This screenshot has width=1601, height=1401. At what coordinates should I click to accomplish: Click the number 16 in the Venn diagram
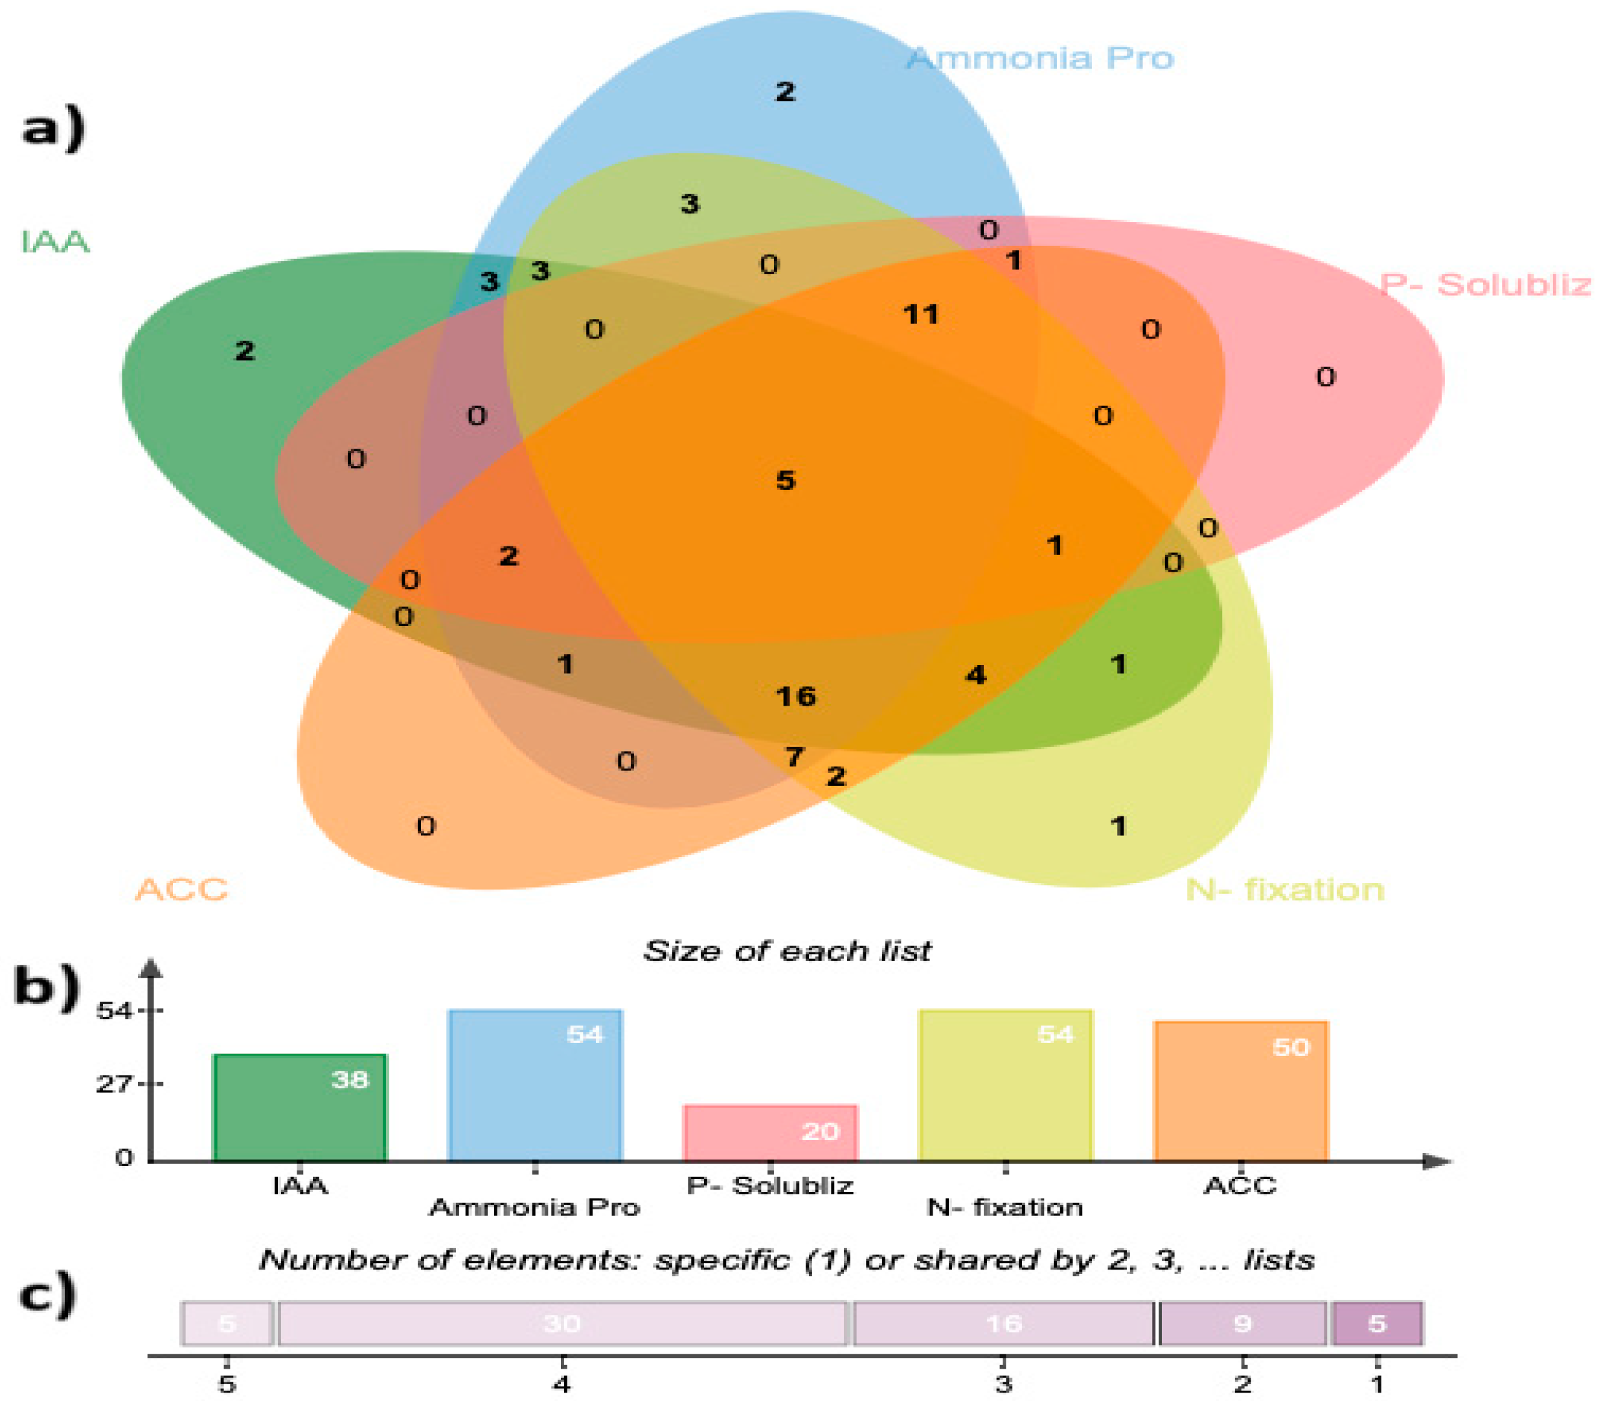(x=795, y=696)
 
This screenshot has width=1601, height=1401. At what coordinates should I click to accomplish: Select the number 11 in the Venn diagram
(x=920, y=314)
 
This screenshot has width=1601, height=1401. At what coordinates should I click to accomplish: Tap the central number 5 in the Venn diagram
(x=785, y=479)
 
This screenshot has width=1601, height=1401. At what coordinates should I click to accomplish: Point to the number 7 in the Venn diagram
(x=794, y=756)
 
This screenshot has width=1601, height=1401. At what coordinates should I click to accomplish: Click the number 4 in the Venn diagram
(x=975, y=675)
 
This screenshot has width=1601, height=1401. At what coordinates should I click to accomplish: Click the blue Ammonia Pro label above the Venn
(x=1039, y=59)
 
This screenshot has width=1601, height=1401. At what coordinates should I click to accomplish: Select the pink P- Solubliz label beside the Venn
(x=1484, y=285)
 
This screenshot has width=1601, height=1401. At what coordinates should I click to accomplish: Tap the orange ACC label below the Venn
(x=181, y=890)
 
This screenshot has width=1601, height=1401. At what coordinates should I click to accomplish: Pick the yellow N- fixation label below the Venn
(x=1284, y=890)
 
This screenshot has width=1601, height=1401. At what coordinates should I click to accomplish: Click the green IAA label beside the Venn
(x=55, y=241)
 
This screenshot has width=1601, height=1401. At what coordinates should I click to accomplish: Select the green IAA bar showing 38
(x=300, y=1108)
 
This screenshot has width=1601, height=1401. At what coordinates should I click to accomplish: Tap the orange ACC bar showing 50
(x=1240, y=1092)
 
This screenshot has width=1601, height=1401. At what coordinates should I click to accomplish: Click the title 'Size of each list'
(x=787, y=950)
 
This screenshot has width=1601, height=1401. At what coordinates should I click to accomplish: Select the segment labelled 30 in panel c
(x=562, y=1323)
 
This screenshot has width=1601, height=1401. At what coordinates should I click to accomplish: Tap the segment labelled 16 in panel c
(x=1003, y=1323)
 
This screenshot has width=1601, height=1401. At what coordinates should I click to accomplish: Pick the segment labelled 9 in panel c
(x=1242, y=1323)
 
